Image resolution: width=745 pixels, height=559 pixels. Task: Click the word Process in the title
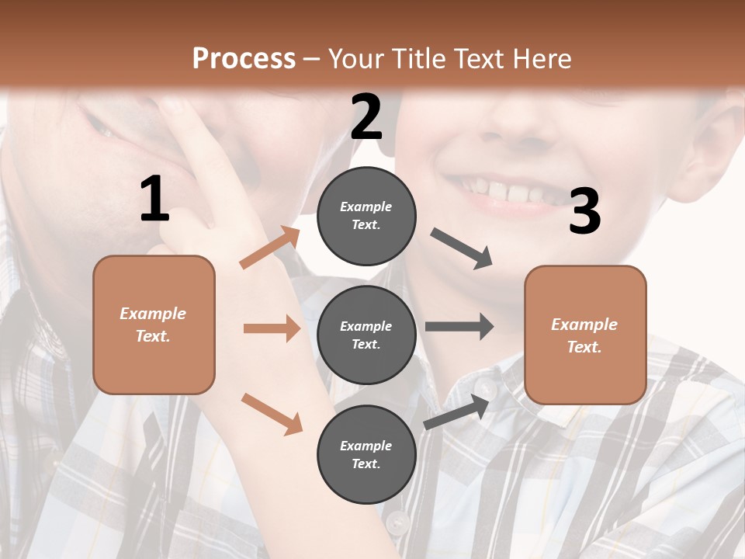pos(244,58)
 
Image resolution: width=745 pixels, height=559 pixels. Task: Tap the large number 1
pos(154,199)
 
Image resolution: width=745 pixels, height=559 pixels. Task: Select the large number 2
pos(366,116)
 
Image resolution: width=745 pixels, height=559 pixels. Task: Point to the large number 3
pos(584,211)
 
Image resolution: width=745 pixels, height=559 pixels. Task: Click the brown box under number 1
pos(154,325)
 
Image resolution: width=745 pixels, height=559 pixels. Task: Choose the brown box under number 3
pos(585,335)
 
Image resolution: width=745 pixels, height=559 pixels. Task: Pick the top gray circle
pos(366,216)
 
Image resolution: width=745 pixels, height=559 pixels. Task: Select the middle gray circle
pos(366,335)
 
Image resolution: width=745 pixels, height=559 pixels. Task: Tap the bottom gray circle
pos(366,454)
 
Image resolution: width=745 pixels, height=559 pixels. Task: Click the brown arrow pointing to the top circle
pos(270,247)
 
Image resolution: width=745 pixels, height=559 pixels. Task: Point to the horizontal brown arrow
pos(272,328)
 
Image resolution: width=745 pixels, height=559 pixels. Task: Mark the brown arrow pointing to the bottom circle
pos(272,414)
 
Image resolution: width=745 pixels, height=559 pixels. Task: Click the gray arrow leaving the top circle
pos(462,248)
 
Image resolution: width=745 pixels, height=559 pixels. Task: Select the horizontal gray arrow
pos(459,326)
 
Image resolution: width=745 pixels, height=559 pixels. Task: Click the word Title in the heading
pos(419,58)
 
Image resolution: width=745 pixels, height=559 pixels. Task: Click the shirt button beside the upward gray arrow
pos(487,385)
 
